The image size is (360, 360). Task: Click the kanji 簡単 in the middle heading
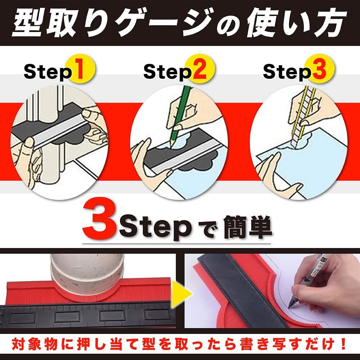pos(248,227)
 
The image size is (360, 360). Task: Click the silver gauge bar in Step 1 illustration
pos(60,133)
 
